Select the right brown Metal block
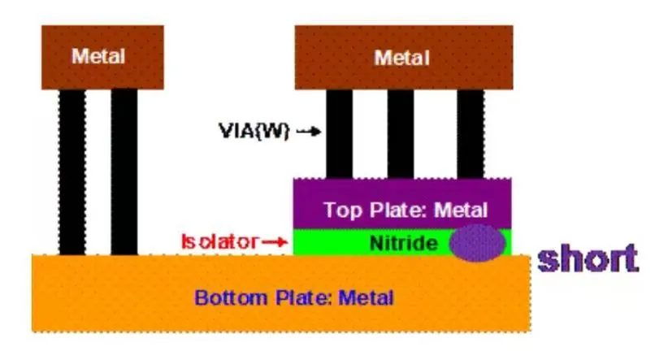point(403,57)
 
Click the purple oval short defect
point(477,242)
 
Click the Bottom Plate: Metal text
point(293,297)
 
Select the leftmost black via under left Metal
point(72,171)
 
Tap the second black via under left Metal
point(124,171)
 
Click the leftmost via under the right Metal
point(339,133)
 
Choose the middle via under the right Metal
point(401,133)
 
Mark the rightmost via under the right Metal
point(470,133)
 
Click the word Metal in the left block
point(98,57)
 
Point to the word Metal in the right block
point(403,58)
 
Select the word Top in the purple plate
point(339,210)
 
